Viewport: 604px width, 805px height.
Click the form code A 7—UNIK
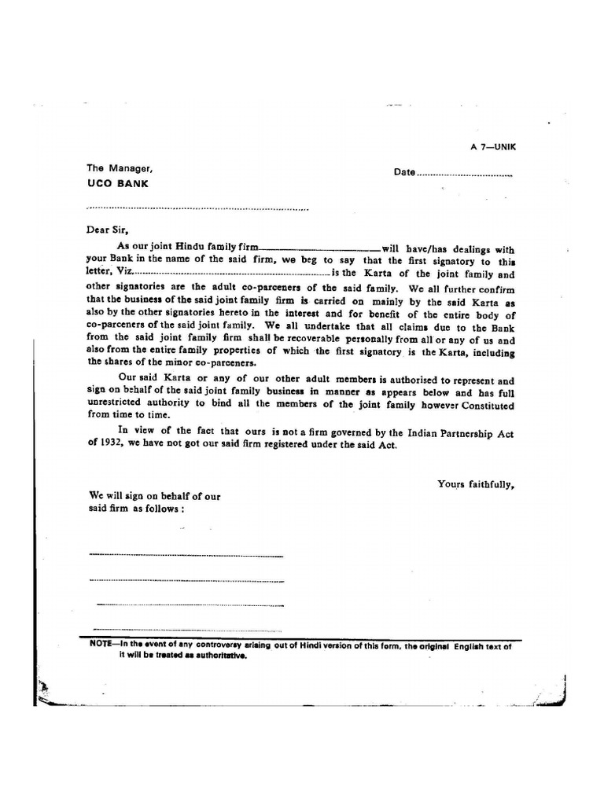492,147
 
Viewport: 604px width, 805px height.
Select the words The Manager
117,168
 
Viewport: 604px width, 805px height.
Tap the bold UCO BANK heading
117,184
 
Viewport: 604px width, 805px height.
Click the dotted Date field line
464,175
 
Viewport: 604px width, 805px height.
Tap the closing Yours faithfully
476,484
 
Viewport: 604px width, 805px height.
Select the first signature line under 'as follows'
186,555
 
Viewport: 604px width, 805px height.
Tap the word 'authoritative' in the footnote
220,656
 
